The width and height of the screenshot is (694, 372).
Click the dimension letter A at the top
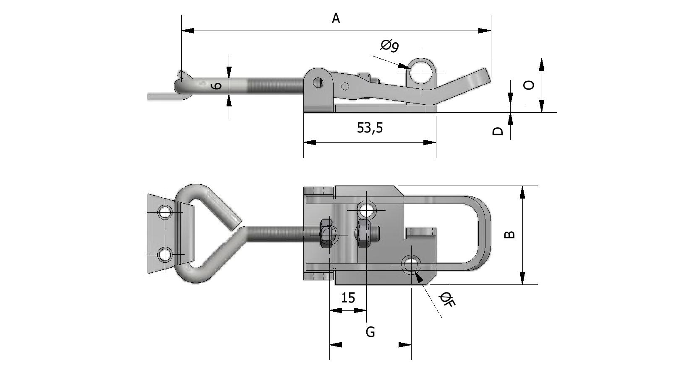click(x=336, y=18)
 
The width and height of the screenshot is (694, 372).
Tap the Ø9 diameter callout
click(x=389, y=45)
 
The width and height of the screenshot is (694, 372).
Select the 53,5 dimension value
click(x=370, y=127)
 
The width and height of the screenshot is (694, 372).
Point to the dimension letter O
click(x=530, y=85)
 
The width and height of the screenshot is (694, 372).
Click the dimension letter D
click(x=498, y=131)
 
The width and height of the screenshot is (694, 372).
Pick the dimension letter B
click(x=509, y=235)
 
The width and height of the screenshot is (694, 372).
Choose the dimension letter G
click(x=370, y=332)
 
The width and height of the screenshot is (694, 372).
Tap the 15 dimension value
click(x=348, y=298)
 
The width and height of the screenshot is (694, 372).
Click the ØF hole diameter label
click(x=447, y=300)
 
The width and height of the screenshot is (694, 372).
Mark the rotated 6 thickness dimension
click(x=217, y=86)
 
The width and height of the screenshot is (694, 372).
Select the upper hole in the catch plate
click(x=165, y=212)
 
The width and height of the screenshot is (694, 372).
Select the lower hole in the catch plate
click(x=165, y=254)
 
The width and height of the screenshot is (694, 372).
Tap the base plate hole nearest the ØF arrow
click(x=411, y=264)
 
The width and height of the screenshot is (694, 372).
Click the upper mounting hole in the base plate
click(x=366, y=209)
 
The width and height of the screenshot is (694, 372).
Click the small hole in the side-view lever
click(x=345, y=87)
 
